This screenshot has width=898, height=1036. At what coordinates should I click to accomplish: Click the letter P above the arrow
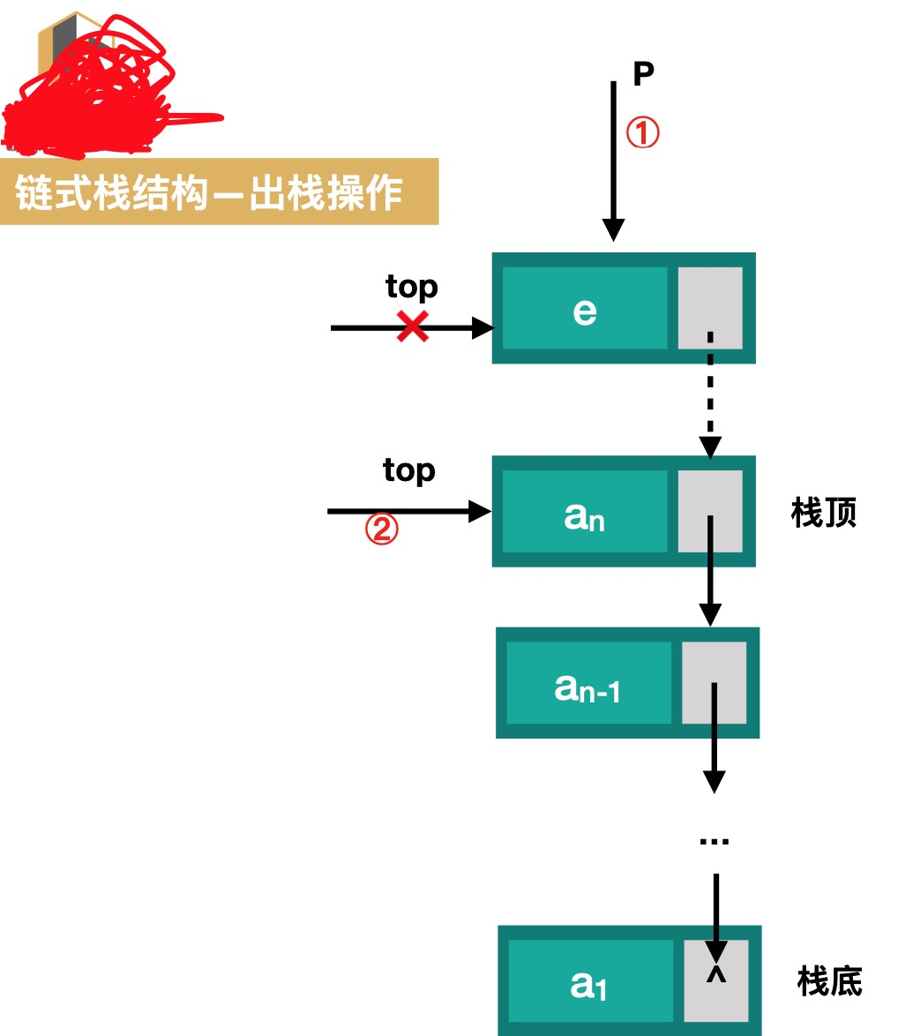click(643, 74)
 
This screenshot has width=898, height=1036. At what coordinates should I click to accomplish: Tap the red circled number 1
click(642, 133)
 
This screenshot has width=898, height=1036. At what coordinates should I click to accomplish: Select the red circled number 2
click(382, 529)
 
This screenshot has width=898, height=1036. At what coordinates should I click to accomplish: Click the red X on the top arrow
click(412, 327)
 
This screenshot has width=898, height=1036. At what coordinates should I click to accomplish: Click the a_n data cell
click(584, 512)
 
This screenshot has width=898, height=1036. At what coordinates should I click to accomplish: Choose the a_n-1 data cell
click(587, 683)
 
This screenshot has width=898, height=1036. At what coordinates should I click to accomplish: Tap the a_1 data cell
click(589, 980)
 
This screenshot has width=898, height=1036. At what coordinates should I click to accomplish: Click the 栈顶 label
click(824, 512)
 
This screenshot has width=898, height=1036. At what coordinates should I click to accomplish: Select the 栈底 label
click(829, 980)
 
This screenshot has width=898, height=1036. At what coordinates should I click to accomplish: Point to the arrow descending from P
click(614, 159)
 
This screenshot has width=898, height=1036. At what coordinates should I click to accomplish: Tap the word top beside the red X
click(411, 288)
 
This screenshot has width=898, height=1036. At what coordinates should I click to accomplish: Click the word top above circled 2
click(408, 470)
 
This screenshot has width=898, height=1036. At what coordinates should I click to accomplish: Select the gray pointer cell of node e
click(710, 308)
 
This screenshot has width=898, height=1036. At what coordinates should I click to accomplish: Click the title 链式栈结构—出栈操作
click(209, 192)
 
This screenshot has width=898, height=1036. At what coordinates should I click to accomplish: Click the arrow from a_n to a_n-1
click(710, 574)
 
